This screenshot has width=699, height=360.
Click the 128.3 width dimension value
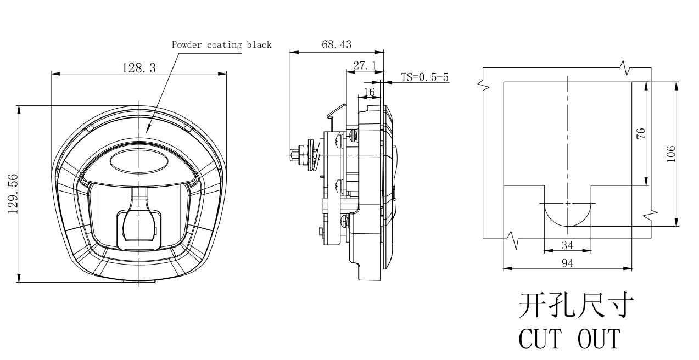138,67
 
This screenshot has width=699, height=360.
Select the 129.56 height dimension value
13,194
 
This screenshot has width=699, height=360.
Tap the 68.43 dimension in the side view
337,44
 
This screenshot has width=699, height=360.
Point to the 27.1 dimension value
365,65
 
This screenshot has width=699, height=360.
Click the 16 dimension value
369,92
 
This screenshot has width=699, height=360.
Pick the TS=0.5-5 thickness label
424,77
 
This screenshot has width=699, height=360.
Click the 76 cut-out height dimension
640,133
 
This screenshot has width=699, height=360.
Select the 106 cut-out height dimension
670,154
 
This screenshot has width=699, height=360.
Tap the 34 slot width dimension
567,245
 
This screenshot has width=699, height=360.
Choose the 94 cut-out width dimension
567,263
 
